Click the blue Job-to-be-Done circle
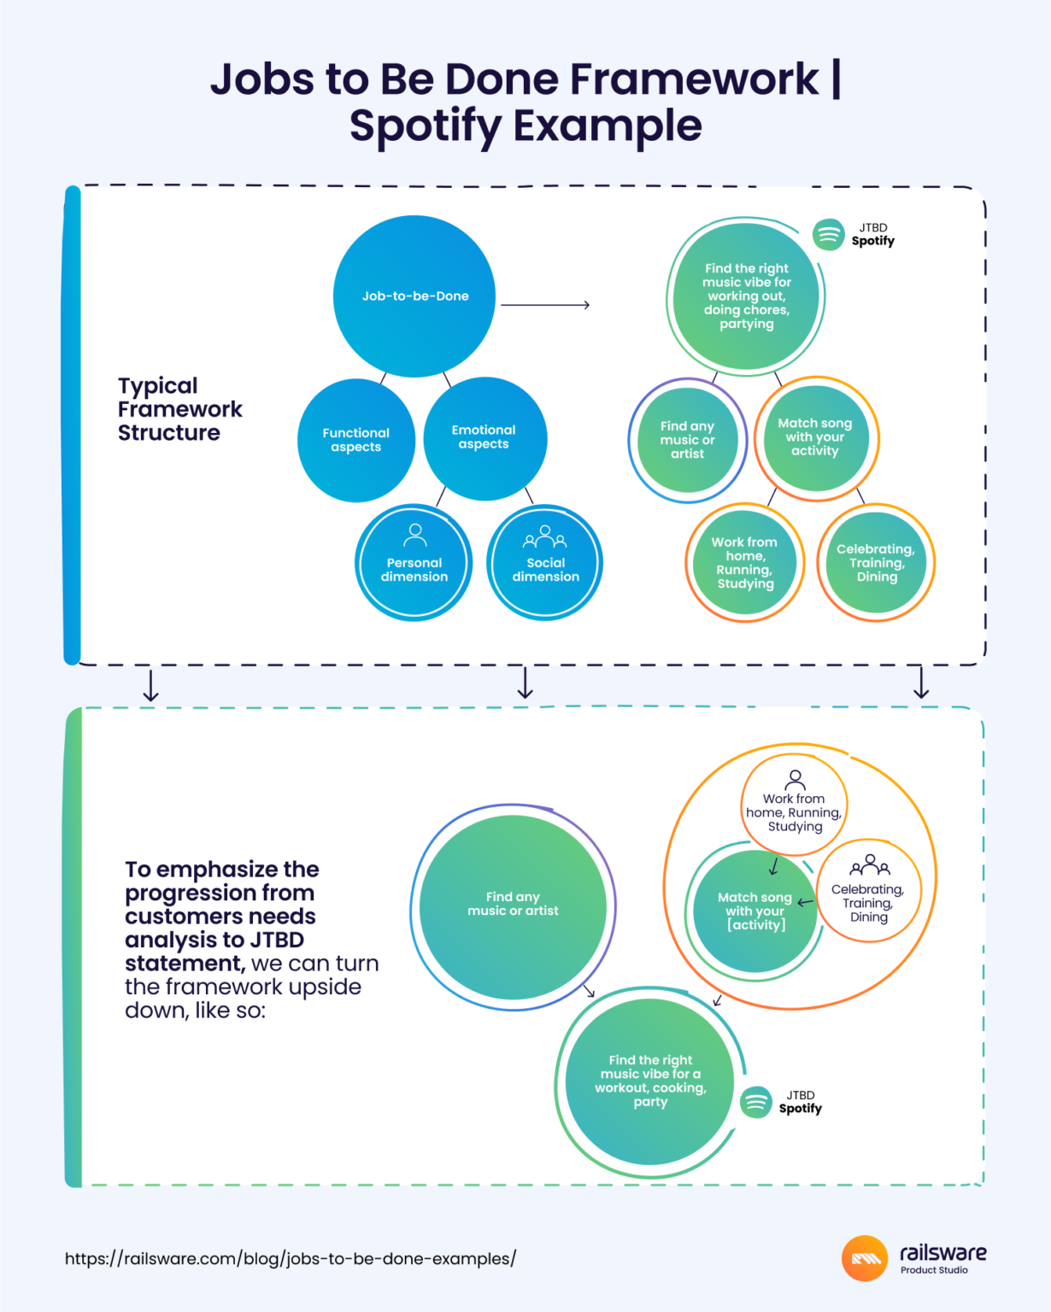[x=414, y=296]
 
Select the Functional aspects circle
[x=356, y=440]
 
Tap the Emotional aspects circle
[x=484, y=437]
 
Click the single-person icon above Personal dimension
[x=415, y=535]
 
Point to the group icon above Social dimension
[x=545, y=536]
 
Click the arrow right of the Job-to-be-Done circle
[x=545, y=305]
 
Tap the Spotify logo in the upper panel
[x=828, y=234]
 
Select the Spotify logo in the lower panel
[x=756, y=1102]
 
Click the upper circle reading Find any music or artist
[x=688, y=440]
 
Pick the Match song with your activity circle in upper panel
[x=815, y=437]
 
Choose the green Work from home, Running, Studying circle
[x=745, y=563]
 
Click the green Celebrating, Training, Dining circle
[x=876, y=563]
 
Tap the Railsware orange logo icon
[x=865, y=1258]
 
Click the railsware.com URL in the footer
[x=291, y=1258]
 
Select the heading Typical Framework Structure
[x=179, y=409]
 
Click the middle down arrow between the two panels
[x=525, y=682]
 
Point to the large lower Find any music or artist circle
[x=513, y=905]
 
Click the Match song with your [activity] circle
[x=755, y=911]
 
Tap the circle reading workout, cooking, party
[x=650, y=1081]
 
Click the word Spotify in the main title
[x=426, y=126]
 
